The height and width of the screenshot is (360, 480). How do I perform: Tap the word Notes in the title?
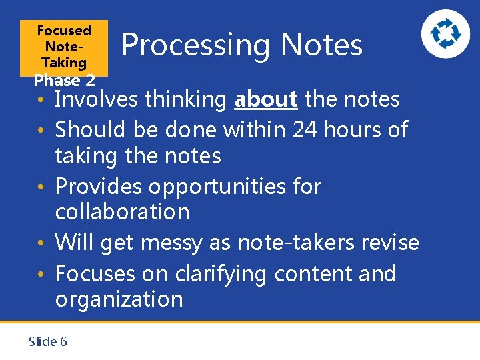click(321, 45)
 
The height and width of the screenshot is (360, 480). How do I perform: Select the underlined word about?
click(266, 100)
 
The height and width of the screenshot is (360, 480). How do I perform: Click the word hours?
click(353, 129)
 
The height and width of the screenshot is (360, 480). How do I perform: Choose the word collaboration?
click(122, 212)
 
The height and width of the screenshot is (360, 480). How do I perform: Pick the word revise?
click(390, 242)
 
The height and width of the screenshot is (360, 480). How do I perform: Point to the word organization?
click(119, 299)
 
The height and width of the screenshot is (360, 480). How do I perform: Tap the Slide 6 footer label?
click(47, 342)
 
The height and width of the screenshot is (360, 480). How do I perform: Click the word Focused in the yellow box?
click(64, 31)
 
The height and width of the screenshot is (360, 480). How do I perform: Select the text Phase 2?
click(64, 81)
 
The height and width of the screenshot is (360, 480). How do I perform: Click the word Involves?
click(105, 100)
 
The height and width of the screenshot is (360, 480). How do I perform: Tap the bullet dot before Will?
click(41, 243)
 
